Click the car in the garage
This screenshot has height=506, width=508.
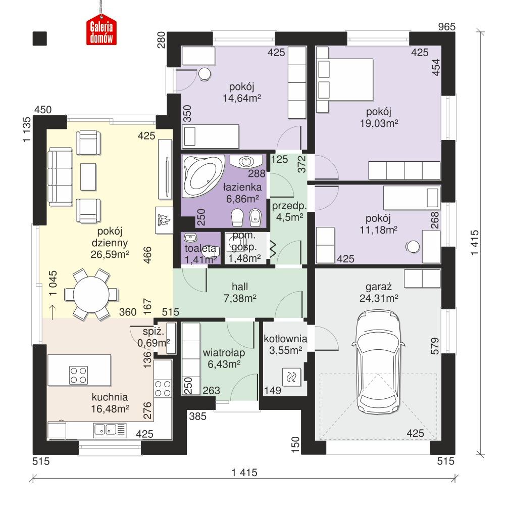(379, 361)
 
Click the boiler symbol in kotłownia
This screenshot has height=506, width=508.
(292, 377)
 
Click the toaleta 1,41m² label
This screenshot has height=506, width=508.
(201, 255)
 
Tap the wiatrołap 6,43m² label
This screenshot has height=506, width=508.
(221, 357)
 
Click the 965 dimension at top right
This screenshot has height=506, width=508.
(446, 26)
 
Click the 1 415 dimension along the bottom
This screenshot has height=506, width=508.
(244, 473)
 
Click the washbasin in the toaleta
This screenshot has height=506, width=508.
(190, 238)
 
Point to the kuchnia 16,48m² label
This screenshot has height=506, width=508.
(110, 402)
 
